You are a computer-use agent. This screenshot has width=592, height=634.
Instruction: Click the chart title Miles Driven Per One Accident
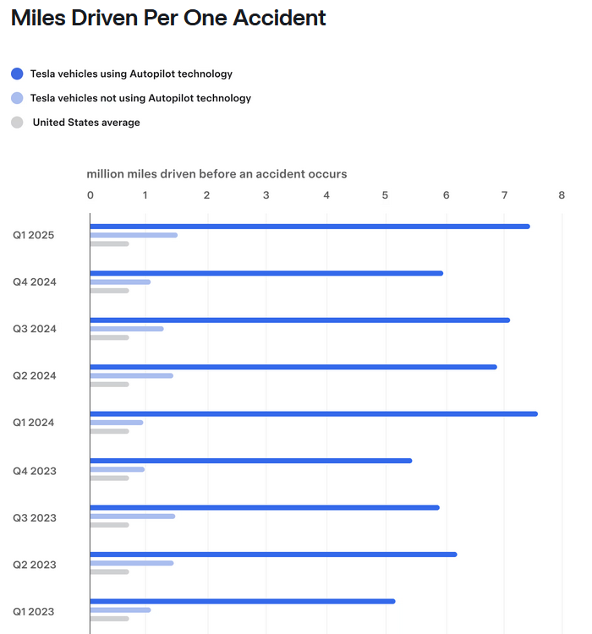coord(168,18)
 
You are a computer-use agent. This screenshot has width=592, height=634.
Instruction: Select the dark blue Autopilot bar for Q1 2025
coord(310,227)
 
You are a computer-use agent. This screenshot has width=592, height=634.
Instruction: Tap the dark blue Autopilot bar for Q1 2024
coord(313,413)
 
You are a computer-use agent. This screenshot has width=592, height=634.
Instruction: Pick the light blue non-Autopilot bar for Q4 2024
coord(120,281)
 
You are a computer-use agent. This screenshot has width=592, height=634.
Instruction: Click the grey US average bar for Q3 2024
coord(109,337)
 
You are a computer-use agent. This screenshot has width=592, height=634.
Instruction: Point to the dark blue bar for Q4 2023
coord(250,461)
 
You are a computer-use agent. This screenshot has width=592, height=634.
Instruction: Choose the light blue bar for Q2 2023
coord(131,562)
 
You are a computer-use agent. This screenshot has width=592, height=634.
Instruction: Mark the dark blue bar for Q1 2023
coord(242,601)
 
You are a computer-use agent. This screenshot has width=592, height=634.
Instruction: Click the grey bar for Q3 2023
coord(109,525)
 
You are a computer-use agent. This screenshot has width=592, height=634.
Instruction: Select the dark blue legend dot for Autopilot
coord(17,74)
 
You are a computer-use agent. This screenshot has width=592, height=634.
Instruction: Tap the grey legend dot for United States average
coord(17,123)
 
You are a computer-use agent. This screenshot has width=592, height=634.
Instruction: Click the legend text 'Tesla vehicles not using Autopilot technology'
coord(140,98)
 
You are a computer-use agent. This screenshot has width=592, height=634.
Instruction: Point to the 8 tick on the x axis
coord(562,195)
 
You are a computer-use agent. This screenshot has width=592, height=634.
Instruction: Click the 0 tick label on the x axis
coord(90,195)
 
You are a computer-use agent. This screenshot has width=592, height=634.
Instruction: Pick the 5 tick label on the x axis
coord(385,195)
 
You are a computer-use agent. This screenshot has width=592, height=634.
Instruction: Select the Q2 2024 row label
coord(35,375)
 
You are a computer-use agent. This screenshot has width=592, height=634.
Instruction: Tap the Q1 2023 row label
coord(35,610)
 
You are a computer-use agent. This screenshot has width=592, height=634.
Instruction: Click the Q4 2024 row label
coord(35,281)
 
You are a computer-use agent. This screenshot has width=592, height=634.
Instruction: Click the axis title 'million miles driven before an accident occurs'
coord(217,174)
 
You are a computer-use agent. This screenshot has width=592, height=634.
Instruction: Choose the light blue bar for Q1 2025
coord(134,235)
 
